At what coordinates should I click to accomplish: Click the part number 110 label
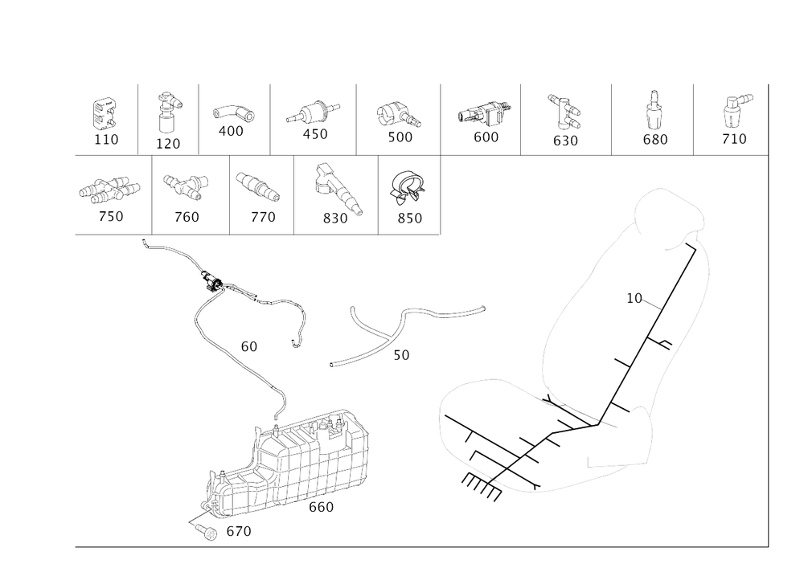click(x=106, y=139)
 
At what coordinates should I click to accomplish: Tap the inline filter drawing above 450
click(x=313, y=113)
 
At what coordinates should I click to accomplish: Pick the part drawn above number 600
click(x=485, y=113)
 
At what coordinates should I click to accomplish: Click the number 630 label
click(x=565, y=141)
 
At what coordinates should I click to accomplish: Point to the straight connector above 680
click(x=653, y=111)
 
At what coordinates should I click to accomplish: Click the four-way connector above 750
click(x=109, y=189)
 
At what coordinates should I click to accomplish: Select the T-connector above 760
click(x=187, y=186)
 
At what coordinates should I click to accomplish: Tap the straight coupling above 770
click(x=258, y=186)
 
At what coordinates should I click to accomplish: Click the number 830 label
click(x=335, y=219)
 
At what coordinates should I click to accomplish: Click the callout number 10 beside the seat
click(x=634, y=298)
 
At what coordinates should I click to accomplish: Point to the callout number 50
click(x=401, y=355)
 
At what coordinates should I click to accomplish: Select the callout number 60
click(x=248, y=347)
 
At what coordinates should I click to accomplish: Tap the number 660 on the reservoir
click(x=322, y=507)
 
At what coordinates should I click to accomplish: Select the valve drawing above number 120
click(x=167, y=114)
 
